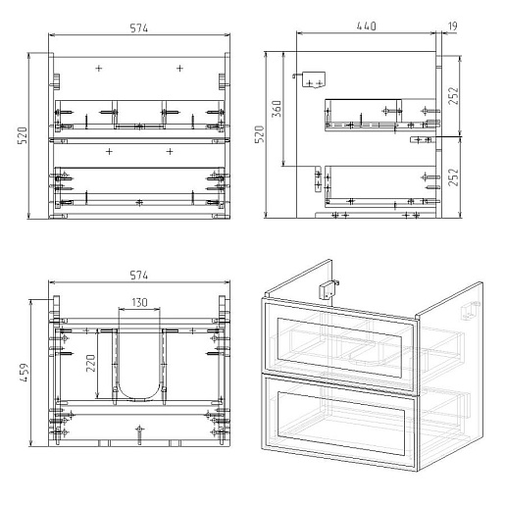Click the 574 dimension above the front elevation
click(x=139, y=28)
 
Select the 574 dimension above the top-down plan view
click(x=139, y=276)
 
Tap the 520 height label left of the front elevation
click(x=23, y=135)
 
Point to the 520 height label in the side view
click(x=260, y=134)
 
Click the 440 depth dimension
click(x=366, y=26)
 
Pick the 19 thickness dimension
click(x=452, y=26)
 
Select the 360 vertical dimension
click(x=277, y=109)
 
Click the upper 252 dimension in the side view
click(x=453, y=96)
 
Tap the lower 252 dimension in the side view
click(x=453, y=177)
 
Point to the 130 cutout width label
click(x=139, y=302)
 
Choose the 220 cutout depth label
click(x=91, y=363)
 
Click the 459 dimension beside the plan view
click(x=25, y=373)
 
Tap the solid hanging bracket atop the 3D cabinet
click(x=328, y=289)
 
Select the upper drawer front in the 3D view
click(x=338, y=346)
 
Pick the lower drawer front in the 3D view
click(x=338, y=422)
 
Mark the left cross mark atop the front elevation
click(x=99, y=69)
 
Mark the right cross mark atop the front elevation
click(x=179, y=69)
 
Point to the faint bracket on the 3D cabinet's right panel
click(x=470, y=311)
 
